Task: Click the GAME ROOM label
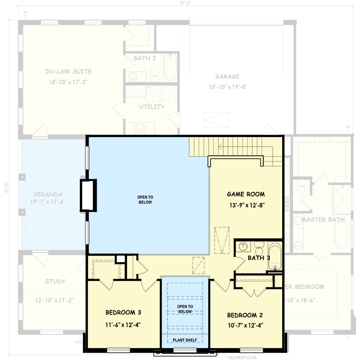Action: point(245,194)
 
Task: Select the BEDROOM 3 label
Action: point(123,312)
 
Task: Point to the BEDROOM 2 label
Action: point(245,315)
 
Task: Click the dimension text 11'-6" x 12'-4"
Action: point(123,324)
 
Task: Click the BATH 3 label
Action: point(259,258)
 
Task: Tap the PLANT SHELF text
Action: point(185,339)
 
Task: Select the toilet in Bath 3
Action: point(258,248)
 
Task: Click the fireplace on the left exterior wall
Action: point(88,195)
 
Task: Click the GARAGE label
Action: point(227,77)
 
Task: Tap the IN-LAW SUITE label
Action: point(68,72)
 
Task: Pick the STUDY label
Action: point(55,281)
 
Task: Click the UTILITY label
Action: point(152,107)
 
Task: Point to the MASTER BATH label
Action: point(323,220)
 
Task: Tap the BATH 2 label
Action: point(145,58)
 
